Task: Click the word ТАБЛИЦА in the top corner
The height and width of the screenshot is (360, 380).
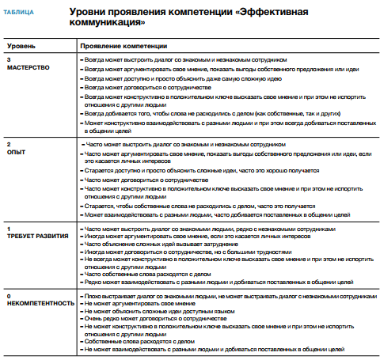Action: tap(17, 13)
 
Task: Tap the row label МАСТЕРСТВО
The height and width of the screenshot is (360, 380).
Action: tap(28, 67)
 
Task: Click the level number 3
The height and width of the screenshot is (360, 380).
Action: tap(8, 59)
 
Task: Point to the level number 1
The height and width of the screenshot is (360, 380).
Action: tap(8, 228)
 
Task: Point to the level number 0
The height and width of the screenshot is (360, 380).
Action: tap(8, 293)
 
